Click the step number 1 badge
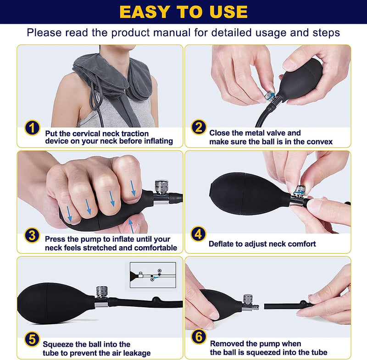coord(32,127)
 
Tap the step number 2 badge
coord(199,127)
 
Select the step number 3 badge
coord(32,235)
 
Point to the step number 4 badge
coord(198,234)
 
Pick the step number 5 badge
coord(32,339)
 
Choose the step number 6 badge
coord(199,337)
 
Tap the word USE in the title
coord(228,12)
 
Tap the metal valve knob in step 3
coord(161,186)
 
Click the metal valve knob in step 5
coord(102,292)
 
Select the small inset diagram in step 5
coord(153,275)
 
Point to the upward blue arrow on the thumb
coord(132,226)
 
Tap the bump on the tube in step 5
coord(156,299)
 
